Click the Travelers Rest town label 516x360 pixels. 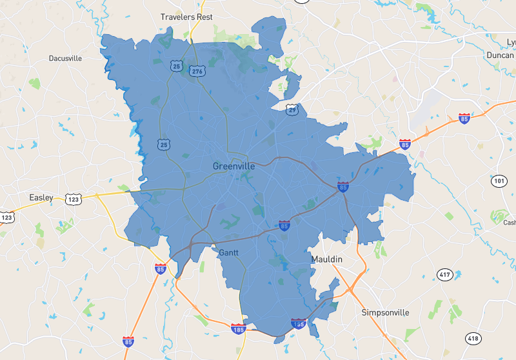186,17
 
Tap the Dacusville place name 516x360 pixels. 65,58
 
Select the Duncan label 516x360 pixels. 499,55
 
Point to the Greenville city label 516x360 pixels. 233,166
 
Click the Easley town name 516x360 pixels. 41,197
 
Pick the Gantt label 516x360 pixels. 229,252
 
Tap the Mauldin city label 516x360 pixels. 327,259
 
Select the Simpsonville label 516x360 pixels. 385,312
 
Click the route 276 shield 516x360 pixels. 197,71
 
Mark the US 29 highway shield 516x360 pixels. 292,110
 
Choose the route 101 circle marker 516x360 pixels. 499,181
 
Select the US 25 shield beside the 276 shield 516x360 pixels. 176,66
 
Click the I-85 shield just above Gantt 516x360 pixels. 284,226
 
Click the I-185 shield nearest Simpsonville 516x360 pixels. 298,324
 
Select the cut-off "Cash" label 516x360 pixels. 510,223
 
